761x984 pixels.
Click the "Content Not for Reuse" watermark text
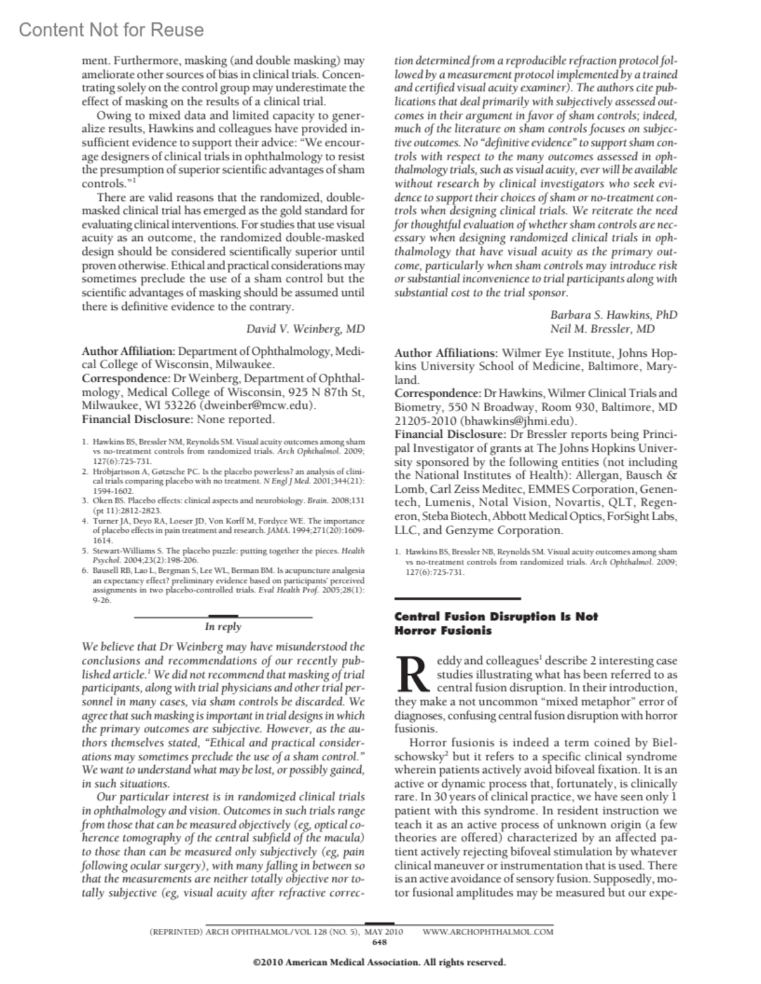(112, 30)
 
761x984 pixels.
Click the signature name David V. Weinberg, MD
(305, 329)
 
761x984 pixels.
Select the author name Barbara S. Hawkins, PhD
(613, 315)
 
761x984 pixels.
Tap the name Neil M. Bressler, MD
(602, 329)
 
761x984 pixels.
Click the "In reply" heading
(223, 627)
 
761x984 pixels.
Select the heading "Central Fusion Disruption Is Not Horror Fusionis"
(496, 623)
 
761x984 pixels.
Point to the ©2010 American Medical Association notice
(379, 962)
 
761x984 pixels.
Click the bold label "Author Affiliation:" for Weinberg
(128, 351)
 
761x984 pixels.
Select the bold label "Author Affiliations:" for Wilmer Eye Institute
(446, 353)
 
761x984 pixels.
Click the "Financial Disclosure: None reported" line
(178, 419)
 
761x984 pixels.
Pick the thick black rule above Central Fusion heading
(457, 598)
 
